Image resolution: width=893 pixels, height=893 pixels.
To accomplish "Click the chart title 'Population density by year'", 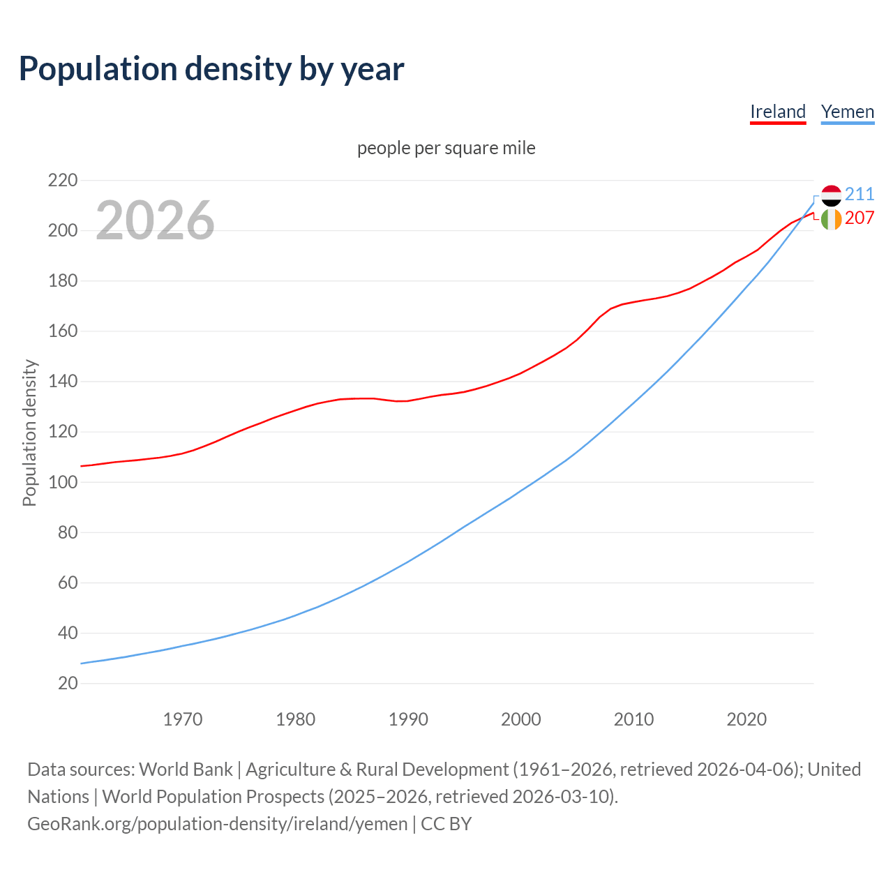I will pyautogui.click(x=211, y=68).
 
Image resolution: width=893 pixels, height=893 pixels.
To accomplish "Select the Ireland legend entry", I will pyautogui.click(x=778, y=112).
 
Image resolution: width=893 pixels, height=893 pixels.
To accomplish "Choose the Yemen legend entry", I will pyautogui.click(x=848, y=112).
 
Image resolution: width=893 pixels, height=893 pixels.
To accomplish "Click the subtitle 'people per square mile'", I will pyautogui.click(x=446, y=149).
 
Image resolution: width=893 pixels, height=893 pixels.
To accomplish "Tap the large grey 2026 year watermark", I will pyautogui.click(x=155, y=220).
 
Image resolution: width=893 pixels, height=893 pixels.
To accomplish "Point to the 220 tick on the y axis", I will pyautogui.click(x=63, y=181).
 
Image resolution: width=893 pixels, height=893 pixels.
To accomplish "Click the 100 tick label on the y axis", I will pyautogui.click(x=63, y=482).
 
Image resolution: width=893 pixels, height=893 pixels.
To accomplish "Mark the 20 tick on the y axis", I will pyautogui.click(x=68, y=683).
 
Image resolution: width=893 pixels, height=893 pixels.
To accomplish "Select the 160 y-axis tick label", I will pyautogui.click(x=63, y=331).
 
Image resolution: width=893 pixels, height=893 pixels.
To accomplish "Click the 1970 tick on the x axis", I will pyautogui.click(x=183, y=719).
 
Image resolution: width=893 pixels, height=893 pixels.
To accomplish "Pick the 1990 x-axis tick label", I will pyautogui.click(x=408, y=719).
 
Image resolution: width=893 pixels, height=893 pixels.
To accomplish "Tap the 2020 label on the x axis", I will pyautogui.click(x=746, y=719).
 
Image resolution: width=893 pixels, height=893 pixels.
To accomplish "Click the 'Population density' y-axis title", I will pyautogui.click(x=29, y=433).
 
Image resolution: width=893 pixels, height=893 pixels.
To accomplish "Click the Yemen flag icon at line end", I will pyautogui.click(x=831, y=195).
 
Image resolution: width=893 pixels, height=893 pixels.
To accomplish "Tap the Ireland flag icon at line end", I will pyautogui.click(x=831, y=219).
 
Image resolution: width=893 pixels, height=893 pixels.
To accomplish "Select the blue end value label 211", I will pyautogui.click(x=860, y=194).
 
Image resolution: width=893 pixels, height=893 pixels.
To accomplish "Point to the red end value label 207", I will pyautogui.click(x=860, y=218).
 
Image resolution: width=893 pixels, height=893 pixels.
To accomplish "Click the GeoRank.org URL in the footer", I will pyautogui.click(x=217, y=824).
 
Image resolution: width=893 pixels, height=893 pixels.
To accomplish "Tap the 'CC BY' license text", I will pyautogui.click(x=446, y=824).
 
